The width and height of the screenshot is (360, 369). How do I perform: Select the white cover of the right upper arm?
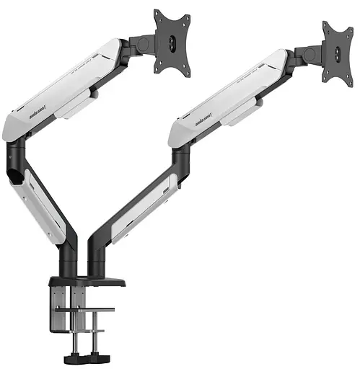point(231,97)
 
